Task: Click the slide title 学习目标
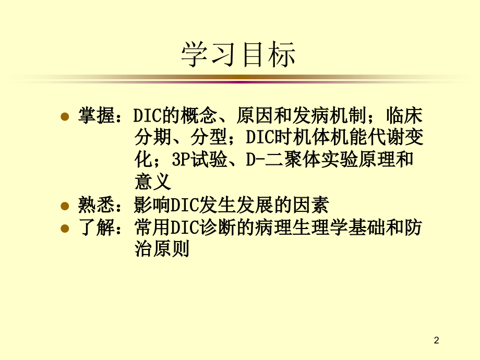pos(238,55)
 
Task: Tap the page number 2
pos(437,341)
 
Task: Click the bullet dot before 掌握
pos(65,116)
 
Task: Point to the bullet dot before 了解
pos(65,229)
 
